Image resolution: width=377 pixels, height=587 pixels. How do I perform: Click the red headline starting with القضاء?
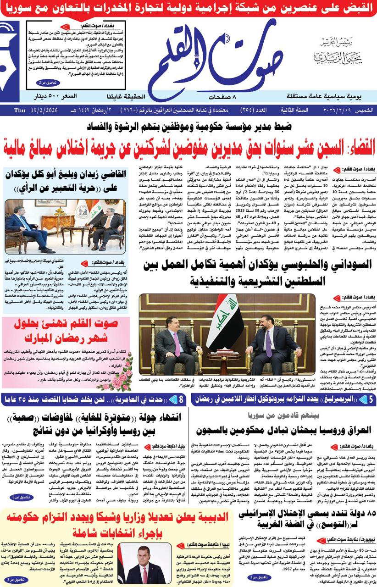(x=188, y=148)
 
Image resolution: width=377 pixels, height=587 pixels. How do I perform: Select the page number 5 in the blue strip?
(x=364, y=400)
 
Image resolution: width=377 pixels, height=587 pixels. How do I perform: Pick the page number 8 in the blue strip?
(x=181, y=400)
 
